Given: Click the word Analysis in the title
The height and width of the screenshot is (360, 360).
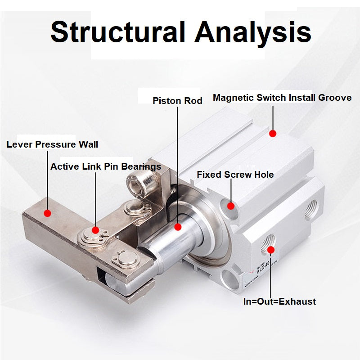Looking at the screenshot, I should (253, 32).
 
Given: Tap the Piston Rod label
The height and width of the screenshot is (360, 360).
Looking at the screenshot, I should (177, 100).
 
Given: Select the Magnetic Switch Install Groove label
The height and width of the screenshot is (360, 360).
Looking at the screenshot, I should (282, 98).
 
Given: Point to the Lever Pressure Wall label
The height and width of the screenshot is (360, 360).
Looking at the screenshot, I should (52, 144).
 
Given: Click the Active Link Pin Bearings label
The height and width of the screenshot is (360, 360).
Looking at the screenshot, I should (106, 166).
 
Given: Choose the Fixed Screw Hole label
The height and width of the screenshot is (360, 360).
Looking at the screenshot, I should (235, 175).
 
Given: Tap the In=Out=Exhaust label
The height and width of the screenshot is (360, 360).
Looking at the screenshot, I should (279, 301).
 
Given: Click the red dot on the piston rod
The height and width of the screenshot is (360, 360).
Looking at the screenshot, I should (178, 227).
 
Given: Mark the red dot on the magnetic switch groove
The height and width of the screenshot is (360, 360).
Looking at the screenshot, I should (273, 133).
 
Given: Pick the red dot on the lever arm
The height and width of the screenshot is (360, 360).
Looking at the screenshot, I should (47, 213).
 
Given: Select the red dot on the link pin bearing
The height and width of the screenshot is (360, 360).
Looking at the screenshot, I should (95, 230).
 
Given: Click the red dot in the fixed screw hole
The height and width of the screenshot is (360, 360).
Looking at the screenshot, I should (231, 206).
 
